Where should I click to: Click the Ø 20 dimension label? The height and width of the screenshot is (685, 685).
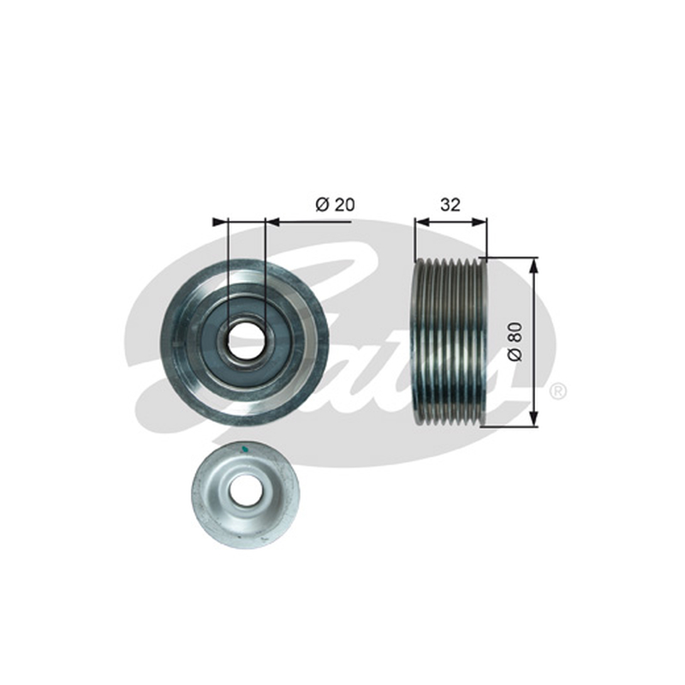[335, 205]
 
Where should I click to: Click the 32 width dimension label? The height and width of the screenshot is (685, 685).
[450, 205]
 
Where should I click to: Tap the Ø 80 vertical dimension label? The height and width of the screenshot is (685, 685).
[515, 342]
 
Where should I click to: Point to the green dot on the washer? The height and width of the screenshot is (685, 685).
[245, 448]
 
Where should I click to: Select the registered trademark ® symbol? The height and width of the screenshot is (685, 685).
[558, 391]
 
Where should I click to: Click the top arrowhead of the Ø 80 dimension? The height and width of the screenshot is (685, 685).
[533, 264]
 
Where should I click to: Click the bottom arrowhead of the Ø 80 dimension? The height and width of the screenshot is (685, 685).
[533, 420]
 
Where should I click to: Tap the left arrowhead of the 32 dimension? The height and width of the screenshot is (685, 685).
[422, 223]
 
